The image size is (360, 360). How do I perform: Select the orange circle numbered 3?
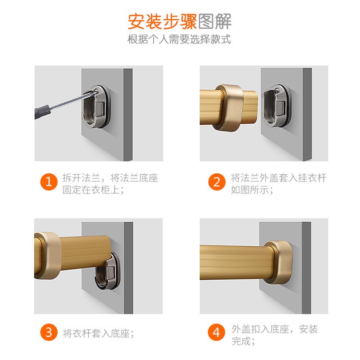48,332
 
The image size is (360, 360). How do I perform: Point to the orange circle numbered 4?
217,332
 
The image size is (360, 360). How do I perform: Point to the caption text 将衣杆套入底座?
98,333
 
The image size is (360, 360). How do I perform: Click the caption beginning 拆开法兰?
110,184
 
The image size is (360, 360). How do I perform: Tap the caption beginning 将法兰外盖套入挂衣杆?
278,184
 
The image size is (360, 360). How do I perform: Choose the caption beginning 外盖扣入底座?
274,335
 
